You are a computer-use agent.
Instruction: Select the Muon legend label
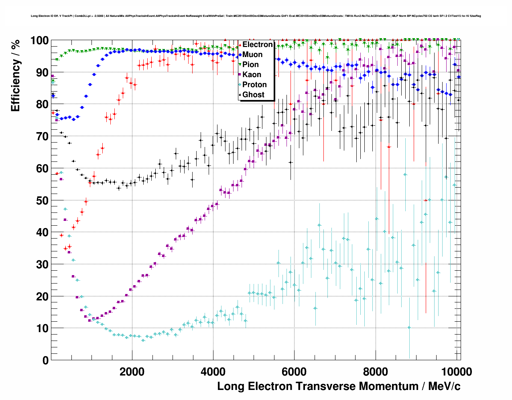click(x=252, y=55)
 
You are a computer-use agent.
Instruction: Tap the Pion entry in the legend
click(x=250, y=65)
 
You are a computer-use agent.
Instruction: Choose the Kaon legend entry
click(x=252, y=75)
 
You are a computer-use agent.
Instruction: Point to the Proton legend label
click(x=254, y=85)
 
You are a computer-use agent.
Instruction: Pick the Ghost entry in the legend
click(x=253, y=95)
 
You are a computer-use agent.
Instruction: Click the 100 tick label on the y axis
click(x=39, y=41)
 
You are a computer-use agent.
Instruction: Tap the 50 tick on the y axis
click(x=42, y=200)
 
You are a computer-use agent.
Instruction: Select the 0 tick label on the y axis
click(x=45, y=360)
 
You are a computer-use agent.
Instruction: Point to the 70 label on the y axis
click(x=42, y=137)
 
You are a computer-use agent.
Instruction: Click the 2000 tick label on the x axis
click(x=132, y=372)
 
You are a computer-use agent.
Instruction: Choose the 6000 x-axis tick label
click(x=294, y=372)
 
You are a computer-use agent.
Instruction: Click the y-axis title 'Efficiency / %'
click(x=15, y=76)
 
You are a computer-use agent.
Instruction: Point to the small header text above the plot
click(x=256, y=16)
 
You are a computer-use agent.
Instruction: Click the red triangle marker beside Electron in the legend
click(x=240, y=45)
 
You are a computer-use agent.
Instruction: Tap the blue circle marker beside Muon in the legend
click(x=240, y=55)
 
